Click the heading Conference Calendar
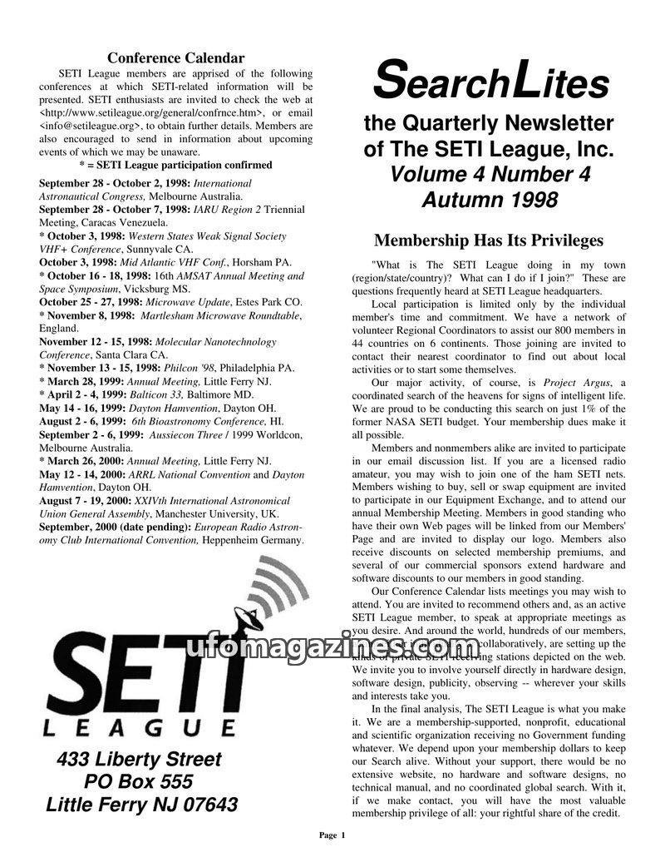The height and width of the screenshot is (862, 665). point(176,58)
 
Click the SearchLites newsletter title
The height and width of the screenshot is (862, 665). point(490,81)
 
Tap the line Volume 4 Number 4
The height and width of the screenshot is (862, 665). point(489,175)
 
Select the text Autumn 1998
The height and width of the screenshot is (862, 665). point(489,200)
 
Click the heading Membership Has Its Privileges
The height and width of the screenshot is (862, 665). point(489,241)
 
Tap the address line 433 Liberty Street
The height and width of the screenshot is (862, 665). point(139,760)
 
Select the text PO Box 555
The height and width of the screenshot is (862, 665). point(139,782)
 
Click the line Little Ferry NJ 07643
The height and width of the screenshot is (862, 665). point(141,805)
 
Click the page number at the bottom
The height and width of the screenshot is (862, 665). point(332,835)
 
